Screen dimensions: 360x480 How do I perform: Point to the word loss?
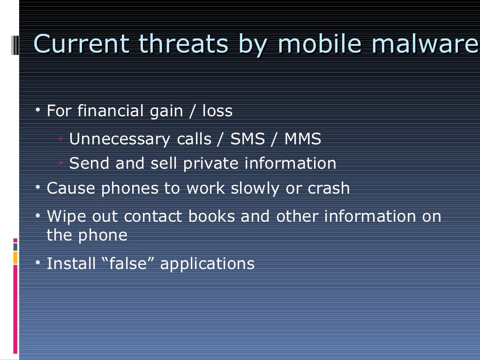pos(217,112)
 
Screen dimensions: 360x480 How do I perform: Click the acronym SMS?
pos(247,139)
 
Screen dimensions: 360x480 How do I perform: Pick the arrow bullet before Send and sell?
pos(62,163)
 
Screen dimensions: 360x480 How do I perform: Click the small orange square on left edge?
pos(15,257)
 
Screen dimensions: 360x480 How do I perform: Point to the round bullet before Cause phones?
pos(38,187)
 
